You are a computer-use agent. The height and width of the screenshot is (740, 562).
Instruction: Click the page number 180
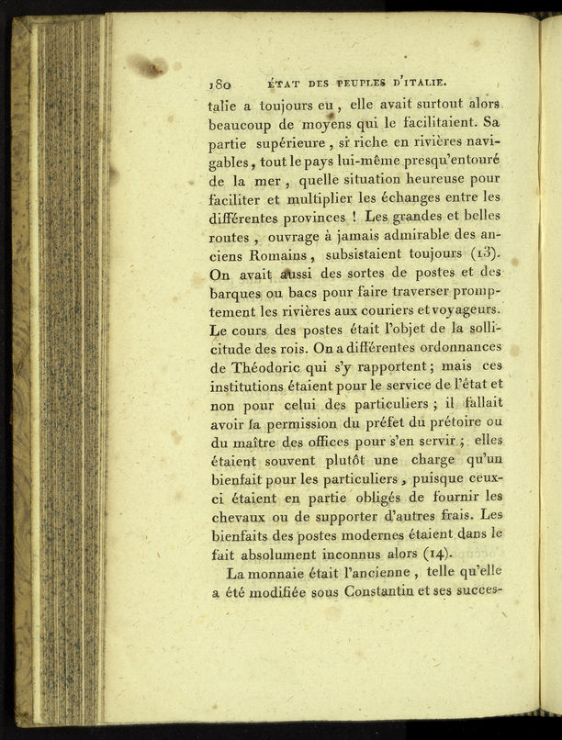(x=223, y=81)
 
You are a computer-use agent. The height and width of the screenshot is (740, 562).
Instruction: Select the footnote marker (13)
(x=486, y=250)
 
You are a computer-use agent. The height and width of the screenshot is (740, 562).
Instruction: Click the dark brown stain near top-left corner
(x=147, y=66)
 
